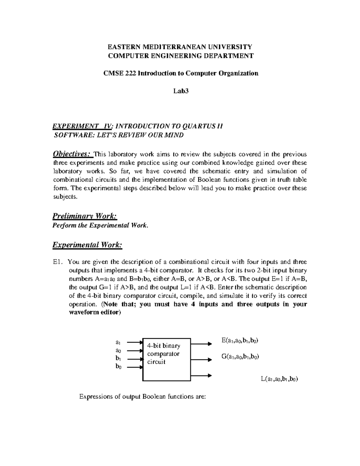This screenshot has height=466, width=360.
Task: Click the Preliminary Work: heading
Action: (85, 216)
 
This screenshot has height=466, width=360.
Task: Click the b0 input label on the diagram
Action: (118, 367)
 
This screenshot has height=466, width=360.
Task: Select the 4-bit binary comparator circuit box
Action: (166, 359)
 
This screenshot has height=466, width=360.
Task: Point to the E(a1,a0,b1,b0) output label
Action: (240, 340)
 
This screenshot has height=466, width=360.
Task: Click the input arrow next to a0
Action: (134, 350)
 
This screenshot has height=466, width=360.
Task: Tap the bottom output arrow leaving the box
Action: (201, 375)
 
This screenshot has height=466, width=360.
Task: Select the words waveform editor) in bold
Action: (95, 312)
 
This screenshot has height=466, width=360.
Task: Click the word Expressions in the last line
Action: (96, 397)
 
